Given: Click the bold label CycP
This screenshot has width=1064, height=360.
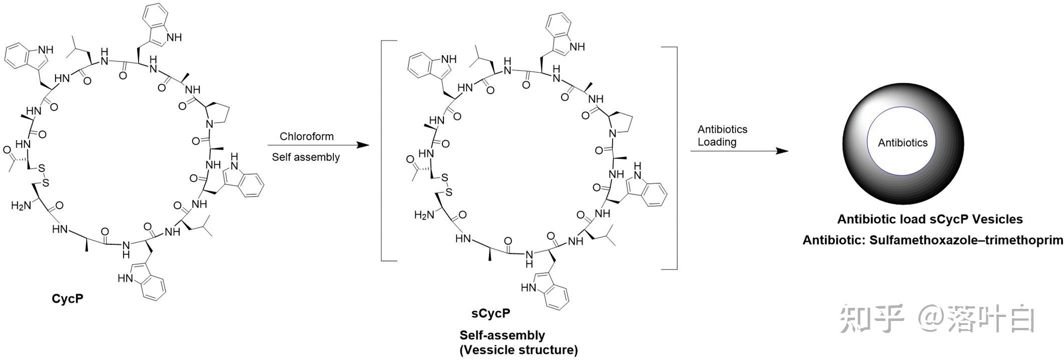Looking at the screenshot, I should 68,299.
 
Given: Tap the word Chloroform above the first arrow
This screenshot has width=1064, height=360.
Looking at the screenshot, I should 306,136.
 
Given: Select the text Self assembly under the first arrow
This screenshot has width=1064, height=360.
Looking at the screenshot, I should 306,157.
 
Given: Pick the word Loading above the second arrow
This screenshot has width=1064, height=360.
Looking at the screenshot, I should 717,142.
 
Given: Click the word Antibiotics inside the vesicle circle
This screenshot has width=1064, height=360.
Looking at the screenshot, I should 902,143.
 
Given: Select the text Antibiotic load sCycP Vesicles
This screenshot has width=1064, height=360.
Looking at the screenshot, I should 930,219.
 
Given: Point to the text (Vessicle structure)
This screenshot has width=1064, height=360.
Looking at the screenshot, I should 518,350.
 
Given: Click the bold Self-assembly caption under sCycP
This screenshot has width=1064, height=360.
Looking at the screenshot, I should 502,335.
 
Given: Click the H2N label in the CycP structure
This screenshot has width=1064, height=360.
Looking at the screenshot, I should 22,205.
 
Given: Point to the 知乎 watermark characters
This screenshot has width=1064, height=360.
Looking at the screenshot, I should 871,318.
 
